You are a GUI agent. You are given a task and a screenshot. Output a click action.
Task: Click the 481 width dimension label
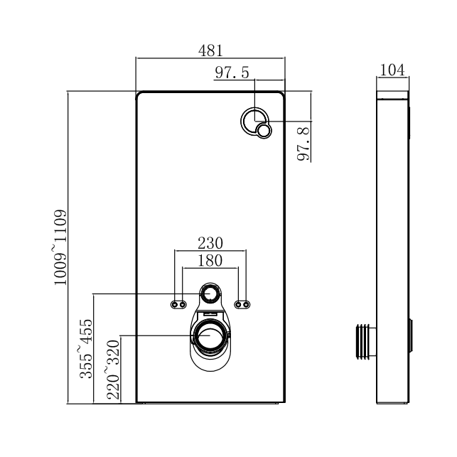pos(210,50)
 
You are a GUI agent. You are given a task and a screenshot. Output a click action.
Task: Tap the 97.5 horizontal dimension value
pos(232,72)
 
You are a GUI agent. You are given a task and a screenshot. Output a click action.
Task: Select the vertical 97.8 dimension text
pos(303,144)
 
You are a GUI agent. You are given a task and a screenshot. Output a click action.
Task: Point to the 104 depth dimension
pos(392,70)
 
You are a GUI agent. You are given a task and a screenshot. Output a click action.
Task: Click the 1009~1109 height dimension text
pos(60,247)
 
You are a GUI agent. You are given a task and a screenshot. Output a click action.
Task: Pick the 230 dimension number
pos(210,243)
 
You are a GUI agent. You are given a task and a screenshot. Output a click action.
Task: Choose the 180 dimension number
pos(210,261)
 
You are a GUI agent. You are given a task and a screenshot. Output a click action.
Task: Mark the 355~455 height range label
pos(86,348)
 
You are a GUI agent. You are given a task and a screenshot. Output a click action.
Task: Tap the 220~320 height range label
pos(113,370)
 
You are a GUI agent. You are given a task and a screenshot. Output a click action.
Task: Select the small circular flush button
pos(264,131)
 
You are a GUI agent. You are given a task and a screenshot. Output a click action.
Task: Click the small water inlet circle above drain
pos(210,293)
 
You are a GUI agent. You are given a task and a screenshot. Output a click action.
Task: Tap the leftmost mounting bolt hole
pos(175,305)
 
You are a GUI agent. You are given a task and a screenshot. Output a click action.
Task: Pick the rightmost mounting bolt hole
pos(246,305)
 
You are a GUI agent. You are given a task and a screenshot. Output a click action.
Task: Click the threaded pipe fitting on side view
pos(364,340)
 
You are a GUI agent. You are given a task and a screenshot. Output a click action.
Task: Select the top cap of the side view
pos(392,94)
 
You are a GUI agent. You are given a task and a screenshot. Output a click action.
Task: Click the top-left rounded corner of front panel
pos(139,94)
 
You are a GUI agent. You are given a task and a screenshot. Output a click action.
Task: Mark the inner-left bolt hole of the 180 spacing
pos(183,305)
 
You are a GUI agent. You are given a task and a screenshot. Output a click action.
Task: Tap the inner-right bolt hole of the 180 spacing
pos(238,305)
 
